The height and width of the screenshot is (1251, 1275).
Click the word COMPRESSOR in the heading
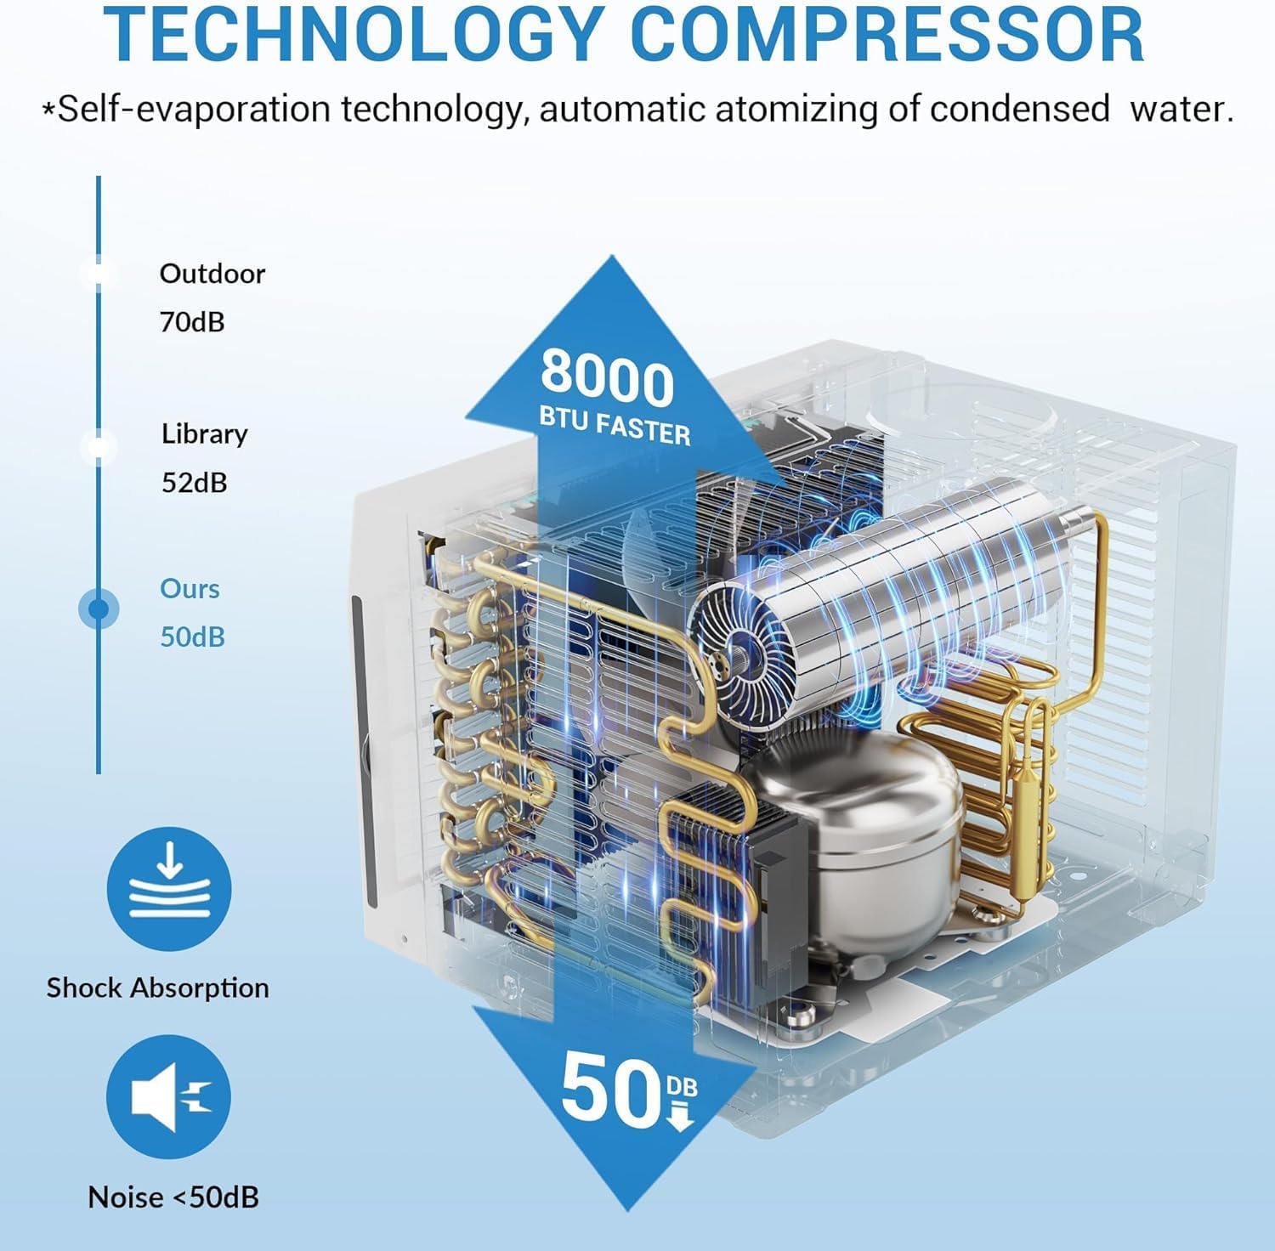(x=889, y=33)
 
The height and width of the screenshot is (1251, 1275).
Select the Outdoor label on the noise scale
(x=212, y=274)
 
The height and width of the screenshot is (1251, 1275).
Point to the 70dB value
(x=192, y=322)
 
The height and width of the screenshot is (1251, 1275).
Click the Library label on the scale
(x=204, y=434)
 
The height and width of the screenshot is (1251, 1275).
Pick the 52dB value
(x=195, y=483)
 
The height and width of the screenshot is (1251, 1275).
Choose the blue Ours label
(x=190, y=589)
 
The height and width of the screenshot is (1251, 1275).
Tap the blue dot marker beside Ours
(x=99, y=609)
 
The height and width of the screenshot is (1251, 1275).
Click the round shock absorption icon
(x=169, y=889)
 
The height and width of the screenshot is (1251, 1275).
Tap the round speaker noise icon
(x=169, y=1097)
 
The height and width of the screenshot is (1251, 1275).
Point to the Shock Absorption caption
(x=157, y=988)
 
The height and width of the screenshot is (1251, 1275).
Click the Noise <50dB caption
(x=173, y=1197)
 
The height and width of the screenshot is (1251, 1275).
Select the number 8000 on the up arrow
(x=607, y=378)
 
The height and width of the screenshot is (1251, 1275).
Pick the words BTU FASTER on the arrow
(x=615, y=423)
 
